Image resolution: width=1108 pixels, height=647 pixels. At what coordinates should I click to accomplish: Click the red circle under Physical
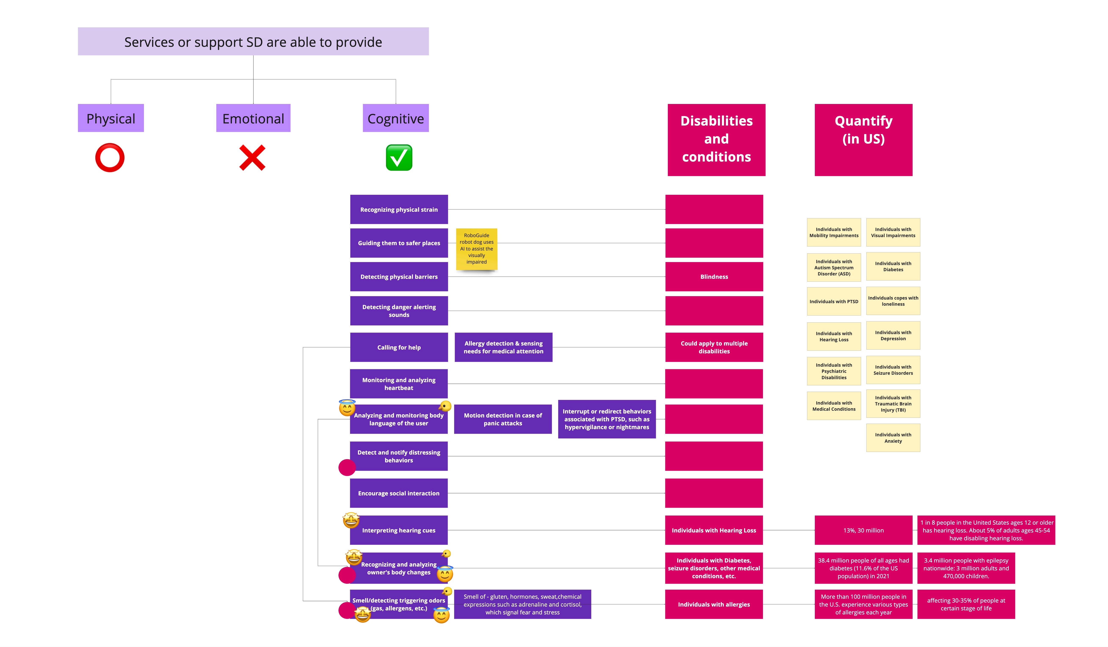[x=110, y=158]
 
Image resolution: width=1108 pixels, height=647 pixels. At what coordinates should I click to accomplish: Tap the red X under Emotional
[x=252, y=158]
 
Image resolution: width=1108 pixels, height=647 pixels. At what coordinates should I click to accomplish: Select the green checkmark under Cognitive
[x=399, y=158]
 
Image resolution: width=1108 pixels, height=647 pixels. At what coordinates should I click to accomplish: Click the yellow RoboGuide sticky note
[x=477, y=249]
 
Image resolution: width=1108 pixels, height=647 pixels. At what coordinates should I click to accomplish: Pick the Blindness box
[x=714, y=277]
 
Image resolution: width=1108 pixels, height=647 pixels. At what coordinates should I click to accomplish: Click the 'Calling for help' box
[x=399, y=347]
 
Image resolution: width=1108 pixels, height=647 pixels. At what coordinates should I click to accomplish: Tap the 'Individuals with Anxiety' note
[x=893, y=438]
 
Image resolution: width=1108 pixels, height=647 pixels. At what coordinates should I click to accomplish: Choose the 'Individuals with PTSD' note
[x=834, y=301]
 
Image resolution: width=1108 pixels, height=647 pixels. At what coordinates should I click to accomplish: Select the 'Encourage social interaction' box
[x=399, y=493]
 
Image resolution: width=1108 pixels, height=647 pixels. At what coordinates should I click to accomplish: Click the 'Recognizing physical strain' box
[x=399, y=209]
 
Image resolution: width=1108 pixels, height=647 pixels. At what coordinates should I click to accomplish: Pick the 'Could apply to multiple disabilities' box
[x=714, y=347]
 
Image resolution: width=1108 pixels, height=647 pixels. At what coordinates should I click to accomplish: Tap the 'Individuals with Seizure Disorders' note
[x=893, y=370]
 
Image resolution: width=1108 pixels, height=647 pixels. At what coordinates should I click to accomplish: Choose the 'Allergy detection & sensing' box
[x=503, y=347]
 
